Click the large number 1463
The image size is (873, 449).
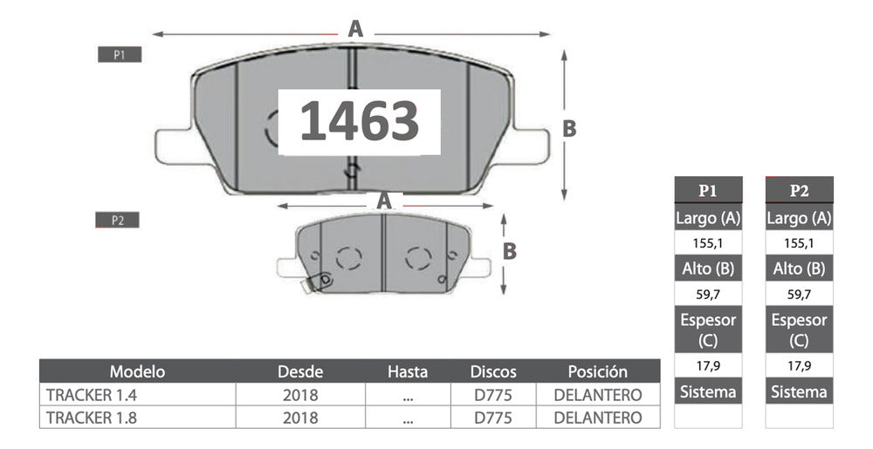coord(360,121)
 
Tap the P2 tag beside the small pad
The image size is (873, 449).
coord(118,221)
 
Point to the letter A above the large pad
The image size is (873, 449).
coord(355,29)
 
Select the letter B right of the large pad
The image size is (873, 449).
coord(568,128)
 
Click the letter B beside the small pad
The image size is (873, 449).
coord(511,251)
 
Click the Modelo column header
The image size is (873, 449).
coord(137,371)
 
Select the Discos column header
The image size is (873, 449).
coord(492,371)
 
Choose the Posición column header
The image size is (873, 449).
coord(597,371)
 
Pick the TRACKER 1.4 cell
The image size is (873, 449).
coord(79,395)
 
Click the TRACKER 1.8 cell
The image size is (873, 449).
coord(79,418)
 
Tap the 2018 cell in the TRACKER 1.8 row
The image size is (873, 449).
coord(300,418)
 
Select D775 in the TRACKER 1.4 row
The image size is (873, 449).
coord(492,395)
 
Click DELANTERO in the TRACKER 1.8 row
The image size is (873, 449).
coord(597,418)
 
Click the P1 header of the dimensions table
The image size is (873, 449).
coord(708,191)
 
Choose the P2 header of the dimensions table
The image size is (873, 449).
coord(799,191)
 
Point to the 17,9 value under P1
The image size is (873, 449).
coord(708,364)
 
